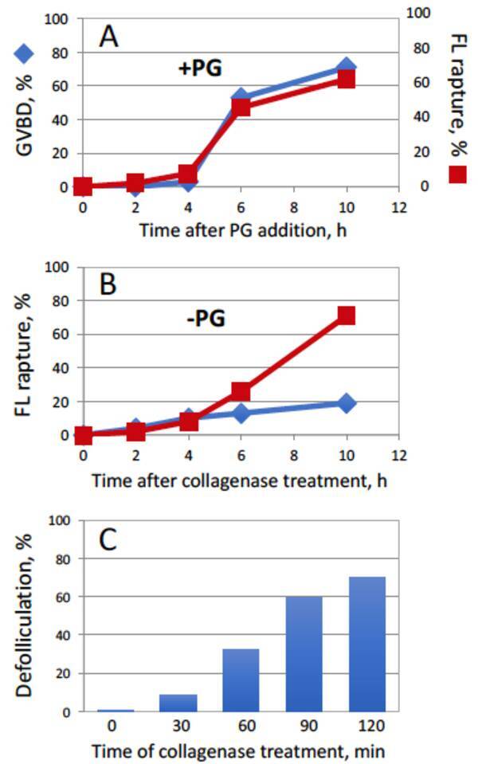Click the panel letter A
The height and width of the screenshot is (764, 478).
click(x=108, y=35)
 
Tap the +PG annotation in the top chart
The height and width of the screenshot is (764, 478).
click(x=199, y=69)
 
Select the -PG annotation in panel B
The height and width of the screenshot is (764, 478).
click(x=206, y=319)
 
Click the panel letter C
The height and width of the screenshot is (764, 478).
click(x=108, y=539)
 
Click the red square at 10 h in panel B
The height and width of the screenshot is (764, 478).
click(x=346, y=316)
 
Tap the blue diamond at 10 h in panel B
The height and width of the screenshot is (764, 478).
click(x=346, y=403)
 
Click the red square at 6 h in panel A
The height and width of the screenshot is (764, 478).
click(x=241, y=107)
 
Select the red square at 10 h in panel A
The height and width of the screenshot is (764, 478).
click(x=346, y=79)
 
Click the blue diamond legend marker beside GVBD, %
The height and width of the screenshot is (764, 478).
click(x=25, y=54)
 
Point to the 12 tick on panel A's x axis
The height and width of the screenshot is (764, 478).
click(x=399, y=207)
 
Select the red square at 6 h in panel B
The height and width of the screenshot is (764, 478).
click(x=241, y=391)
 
